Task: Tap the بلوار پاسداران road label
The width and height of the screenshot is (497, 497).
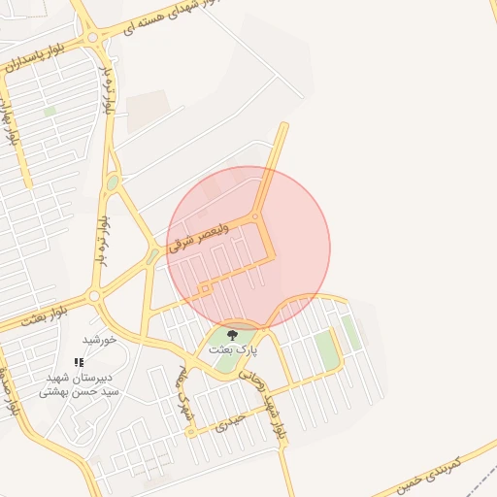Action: tap(37, 55)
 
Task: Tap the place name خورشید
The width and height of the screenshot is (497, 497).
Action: tap(99, 340)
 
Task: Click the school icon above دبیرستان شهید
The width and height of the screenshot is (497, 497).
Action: tap(80, 362)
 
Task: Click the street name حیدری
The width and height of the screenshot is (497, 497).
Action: tap(228, 420)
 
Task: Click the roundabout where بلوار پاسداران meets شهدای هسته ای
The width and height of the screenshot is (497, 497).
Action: tap(93, 38)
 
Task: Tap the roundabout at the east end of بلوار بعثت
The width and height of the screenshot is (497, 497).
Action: tap(95, 296)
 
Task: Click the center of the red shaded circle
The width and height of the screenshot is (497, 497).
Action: tap(248, 248)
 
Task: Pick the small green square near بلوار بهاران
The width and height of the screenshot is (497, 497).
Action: tap(50, 112)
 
